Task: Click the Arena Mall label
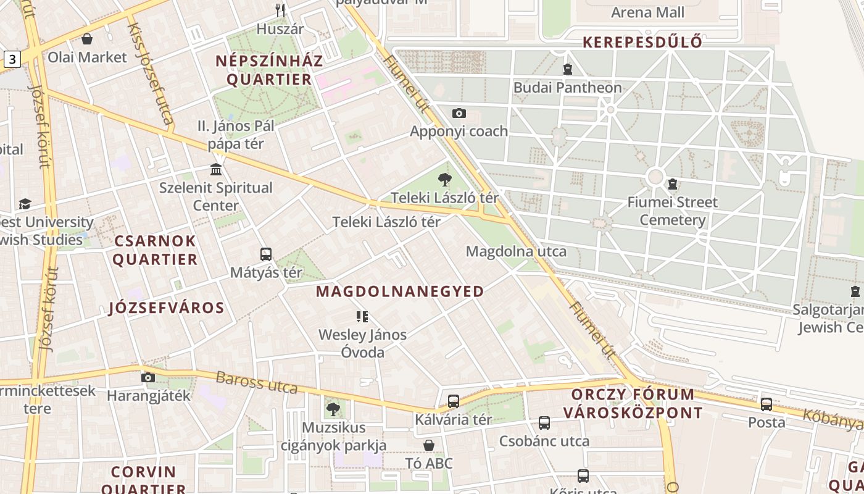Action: [647, 12]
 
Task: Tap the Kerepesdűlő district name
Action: [642, 42]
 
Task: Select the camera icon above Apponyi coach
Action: [459, 113]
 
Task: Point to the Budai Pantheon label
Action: [567, 88]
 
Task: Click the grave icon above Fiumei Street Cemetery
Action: [672, 184]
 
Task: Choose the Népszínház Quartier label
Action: [269, 70]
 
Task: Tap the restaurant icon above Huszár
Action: [280, 10]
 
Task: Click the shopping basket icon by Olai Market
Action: [87, 39]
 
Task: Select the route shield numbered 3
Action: [12, 59]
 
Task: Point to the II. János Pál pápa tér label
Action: [236, 135]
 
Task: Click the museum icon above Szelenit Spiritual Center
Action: [216, 169]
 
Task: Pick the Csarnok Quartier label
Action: [154, 249]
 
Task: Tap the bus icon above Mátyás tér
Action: [266, 254]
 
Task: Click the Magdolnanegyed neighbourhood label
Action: [400, 291]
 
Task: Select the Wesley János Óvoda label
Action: [363, 343]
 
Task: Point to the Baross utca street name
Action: [256, 382]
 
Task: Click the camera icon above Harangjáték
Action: [148, 377]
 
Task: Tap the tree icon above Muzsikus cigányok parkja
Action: [333, 409]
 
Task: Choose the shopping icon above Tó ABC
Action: [429, 445]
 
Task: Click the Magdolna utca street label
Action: [516, 251]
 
